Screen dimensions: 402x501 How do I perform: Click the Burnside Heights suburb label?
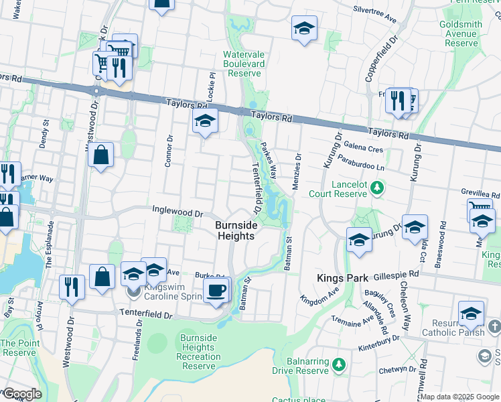coord(235,231)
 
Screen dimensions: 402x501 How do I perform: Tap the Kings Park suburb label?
coord(340,277)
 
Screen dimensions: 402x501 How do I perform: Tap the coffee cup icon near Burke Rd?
coord(216,291)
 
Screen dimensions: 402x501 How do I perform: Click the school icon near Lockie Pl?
coord(206,122)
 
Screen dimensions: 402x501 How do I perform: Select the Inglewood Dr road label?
coord(177,212)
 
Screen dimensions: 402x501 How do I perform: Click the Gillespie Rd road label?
coord(396,275)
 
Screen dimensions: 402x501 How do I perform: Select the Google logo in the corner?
coord(21,394)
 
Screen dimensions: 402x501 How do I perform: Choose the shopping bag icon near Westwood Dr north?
coord(100,155)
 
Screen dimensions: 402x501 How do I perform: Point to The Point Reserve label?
coord(18,348)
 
